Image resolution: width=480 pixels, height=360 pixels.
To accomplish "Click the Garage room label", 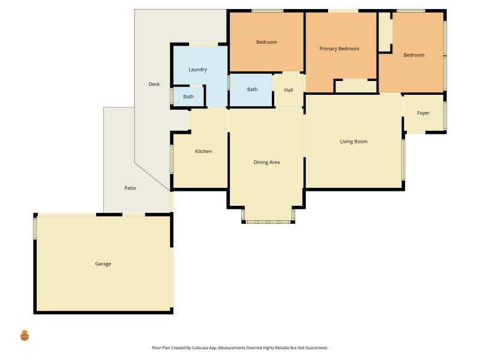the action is (x=103, y=264).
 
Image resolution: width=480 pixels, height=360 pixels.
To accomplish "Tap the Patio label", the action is (x=130, y=188).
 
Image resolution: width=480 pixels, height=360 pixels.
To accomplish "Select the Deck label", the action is (x=154, y=84).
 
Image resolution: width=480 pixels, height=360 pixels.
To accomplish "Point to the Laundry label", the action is (x=198, y=70).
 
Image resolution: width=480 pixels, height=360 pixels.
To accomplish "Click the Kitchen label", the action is (x=203, y=151).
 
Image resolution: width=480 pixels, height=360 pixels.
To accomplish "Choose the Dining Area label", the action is (x=266, y=162).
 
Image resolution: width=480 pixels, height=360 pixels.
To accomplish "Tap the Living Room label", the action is (x=353, y=142).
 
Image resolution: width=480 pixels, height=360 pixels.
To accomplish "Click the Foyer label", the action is (x=424, y=113).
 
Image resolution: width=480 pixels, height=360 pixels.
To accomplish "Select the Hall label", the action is (x=289, y=90).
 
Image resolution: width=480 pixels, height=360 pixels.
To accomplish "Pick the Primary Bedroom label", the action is (x=339, y=49).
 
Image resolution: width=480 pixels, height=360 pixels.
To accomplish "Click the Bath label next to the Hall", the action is (x=252, y=89).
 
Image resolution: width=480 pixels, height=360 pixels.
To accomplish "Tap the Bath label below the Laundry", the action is (x=188, y=97).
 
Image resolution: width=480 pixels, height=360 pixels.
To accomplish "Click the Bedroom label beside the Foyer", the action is (x=414, y=55).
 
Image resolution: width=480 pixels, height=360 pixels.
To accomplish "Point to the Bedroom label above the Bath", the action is (x=266, y=42).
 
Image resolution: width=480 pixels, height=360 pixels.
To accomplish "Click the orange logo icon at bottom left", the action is (x=25, y=335).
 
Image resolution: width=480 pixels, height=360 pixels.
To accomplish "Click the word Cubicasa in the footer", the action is (x=201, y=348).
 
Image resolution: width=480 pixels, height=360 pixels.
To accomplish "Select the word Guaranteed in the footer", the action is (x=316, y=348).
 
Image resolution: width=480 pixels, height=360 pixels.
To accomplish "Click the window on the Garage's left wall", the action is (x=35, y=229).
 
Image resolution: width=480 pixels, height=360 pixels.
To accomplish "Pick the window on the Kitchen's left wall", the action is (x=172, y=159).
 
